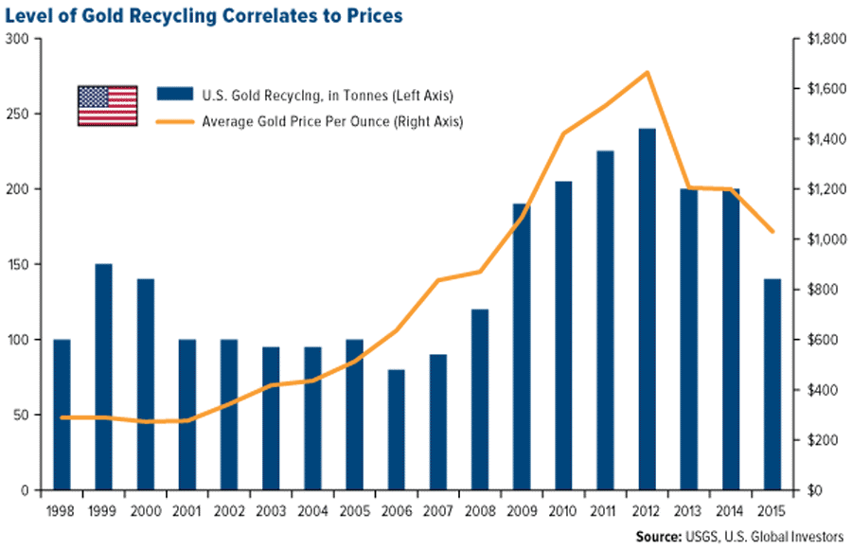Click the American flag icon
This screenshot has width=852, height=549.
107,106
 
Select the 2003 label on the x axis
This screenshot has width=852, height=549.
272,511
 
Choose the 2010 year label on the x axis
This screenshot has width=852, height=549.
564,511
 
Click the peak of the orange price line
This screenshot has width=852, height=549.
648,72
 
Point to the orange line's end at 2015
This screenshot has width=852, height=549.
772,231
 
